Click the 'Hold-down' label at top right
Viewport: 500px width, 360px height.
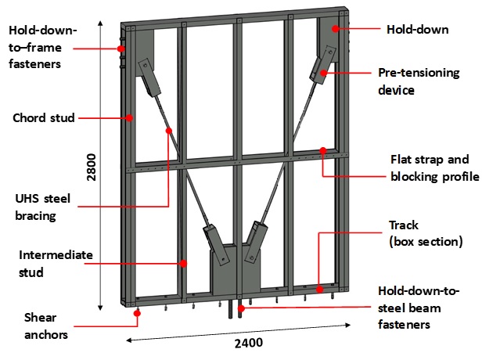pos(417,29)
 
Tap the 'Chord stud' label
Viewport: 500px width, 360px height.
pos(44,118)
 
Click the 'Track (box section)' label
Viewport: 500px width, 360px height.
pos(426,233)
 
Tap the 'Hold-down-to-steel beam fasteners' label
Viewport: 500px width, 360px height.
pos(419,306)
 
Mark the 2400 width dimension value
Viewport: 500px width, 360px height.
pos(248,342)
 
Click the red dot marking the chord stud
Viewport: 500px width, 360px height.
pos(131,118)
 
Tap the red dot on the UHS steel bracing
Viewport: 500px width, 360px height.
pos(168,131)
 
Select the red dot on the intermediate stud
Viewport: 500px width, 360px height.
pos(183,264)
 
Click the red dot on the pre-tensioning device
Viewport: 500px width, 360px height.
pos(322,74)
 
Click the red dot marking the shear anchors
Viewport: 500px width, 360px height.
pos(138,313)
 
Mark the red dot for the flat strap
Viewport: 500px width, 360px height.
pos(322,151)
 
